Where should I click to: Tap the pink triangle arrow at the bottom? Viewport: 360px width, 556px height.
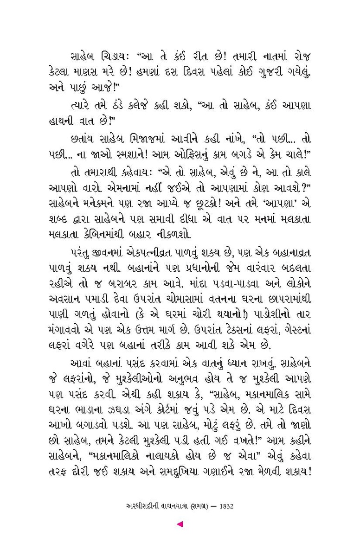pos(180,524)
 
